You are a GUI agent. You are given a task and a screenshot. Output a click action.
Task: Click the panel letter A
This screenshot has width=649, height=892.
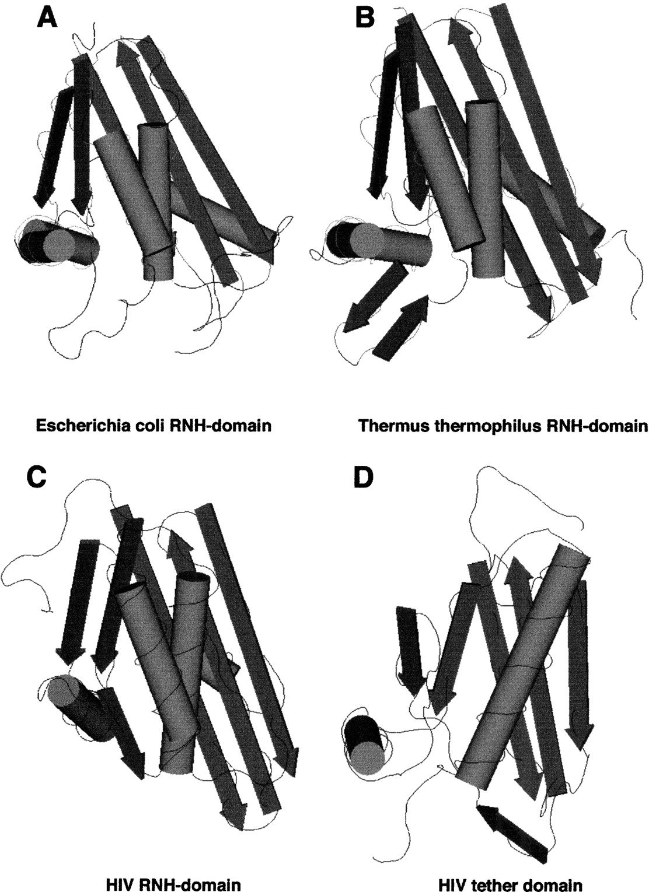(x=47, y=17)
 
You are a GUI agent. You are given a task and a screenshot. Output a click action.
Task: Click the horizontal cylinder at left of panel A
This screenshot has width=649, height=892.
(x=58, y=243)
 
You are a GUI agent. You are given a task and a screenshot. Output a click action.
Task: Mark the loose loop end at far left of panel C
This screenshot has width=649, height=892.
(x=47, y=611)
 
